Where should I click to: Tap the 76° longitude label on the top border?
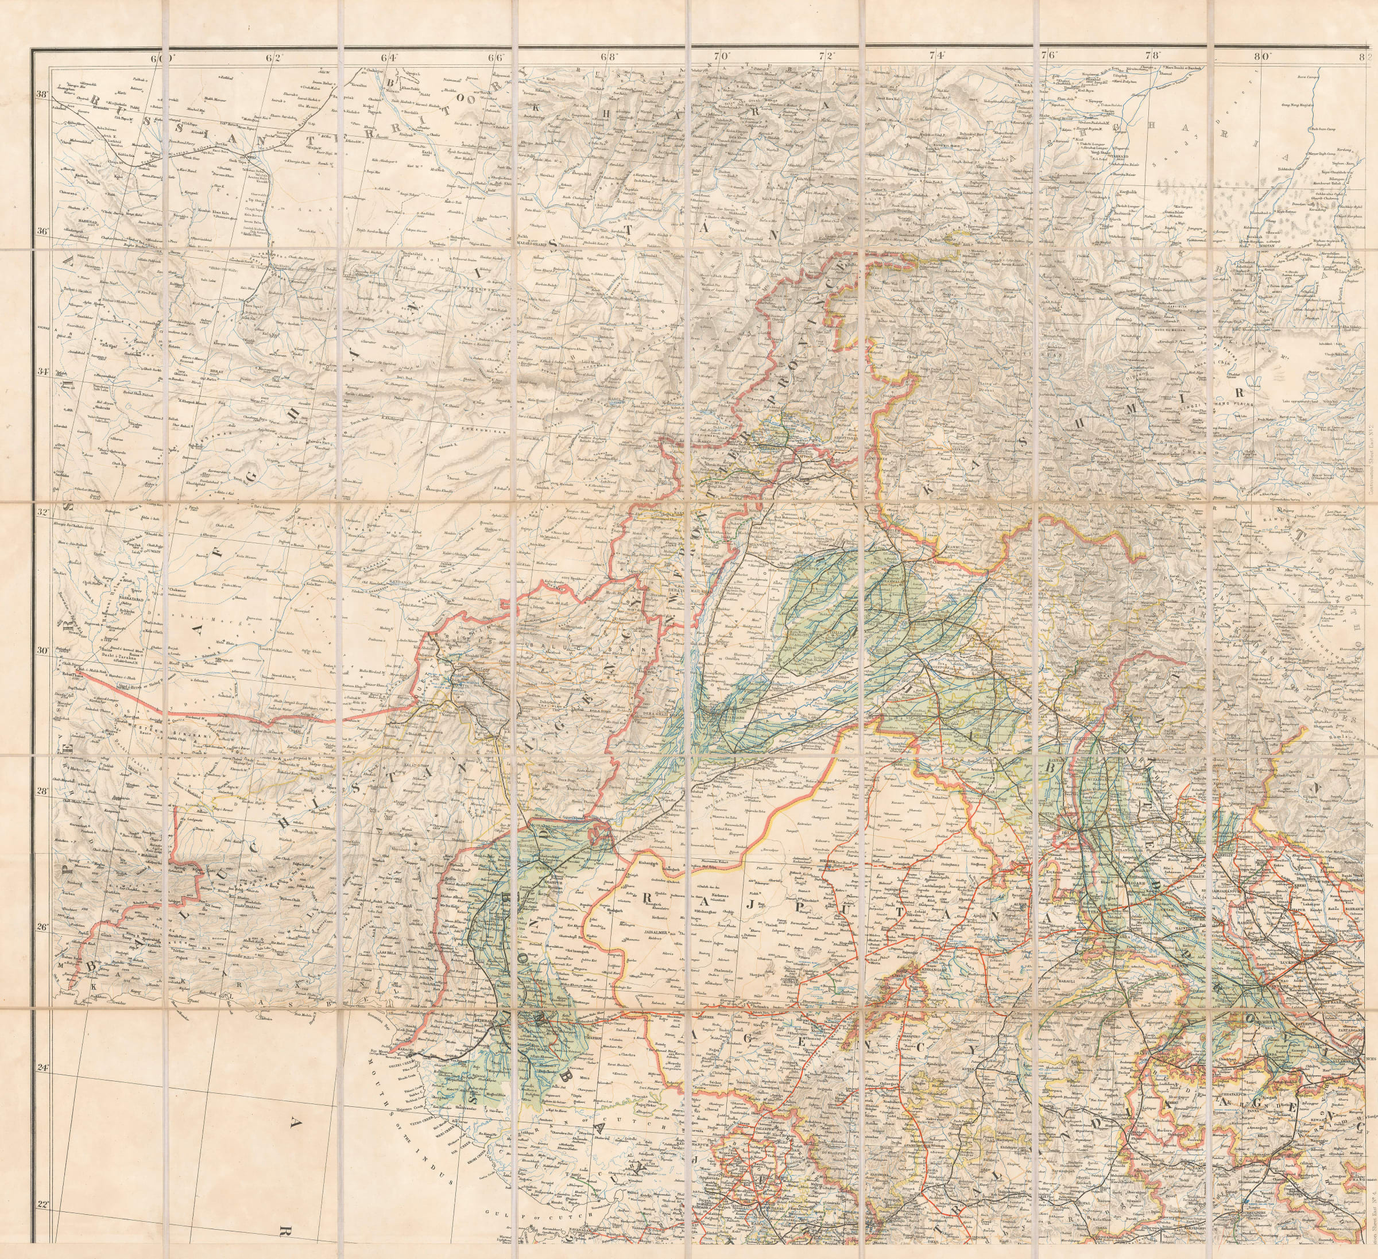(x=1048, y=57)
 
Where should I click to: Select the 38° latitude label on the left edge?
(x=42, y=95)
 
